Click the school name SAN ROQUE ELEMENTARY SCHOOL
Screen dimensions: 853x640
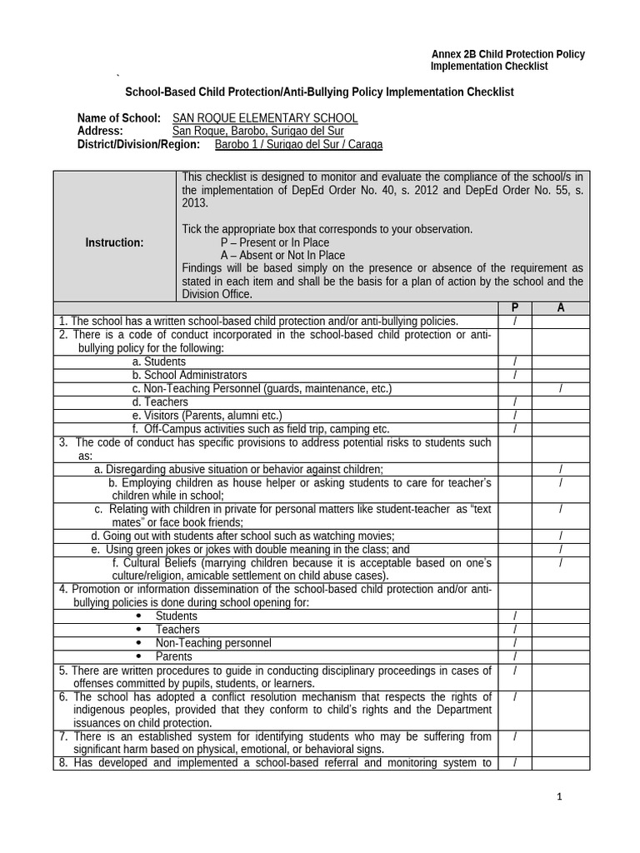click(264, 118)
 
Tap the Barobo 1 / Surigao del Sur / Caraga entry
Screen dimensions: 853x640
click(298, 144)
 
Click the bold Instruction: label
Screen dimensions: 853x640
click(115, 242)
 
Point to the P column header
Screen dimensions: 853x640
click(514, 308)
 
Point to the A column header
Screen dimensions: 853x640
click(561, 308)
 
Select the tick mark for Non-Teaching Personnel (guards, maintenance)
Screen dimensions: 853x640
click(561, 389)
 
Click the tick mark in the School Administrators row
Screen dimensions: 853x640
click(515, 376)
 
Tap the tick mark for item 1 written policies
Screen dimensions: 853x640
click(515, 322)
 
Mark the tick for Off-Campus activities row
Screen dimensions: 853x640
click(515, 429)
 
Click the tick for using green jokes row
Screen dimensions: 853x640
click(561, 550)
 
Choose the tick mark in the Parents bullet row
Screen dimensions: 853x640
click(515, 656)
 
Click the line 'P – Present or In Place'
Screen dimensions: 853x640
click(275, 242)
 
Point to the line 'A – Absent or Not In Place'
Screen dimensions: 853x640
click(282, 255)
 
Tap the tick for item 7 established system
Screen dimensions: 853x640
click(515, 736)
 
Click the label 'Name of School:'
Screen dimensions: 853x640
click(118, 118)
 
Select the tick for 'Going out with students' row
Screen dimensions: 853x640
click(561, 536)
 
